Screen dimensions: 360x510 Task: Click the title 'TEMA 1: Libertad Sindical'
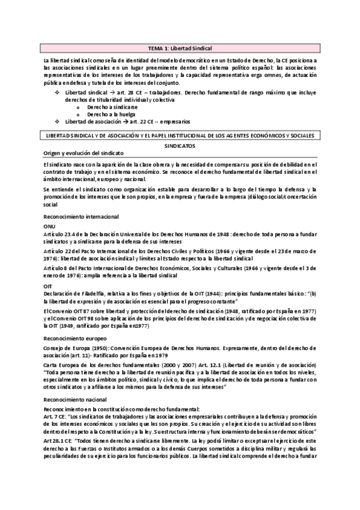point(180,48)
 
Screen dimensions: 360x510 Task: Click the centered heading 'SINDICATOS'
point(180,146)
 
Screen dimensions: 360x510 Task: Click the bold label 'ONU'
point(50,226)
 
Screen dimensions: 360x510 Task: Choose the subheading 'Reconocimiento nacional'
point(72,398)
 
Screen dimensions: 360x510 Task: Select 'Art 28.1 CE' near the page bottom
point(60,440)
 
